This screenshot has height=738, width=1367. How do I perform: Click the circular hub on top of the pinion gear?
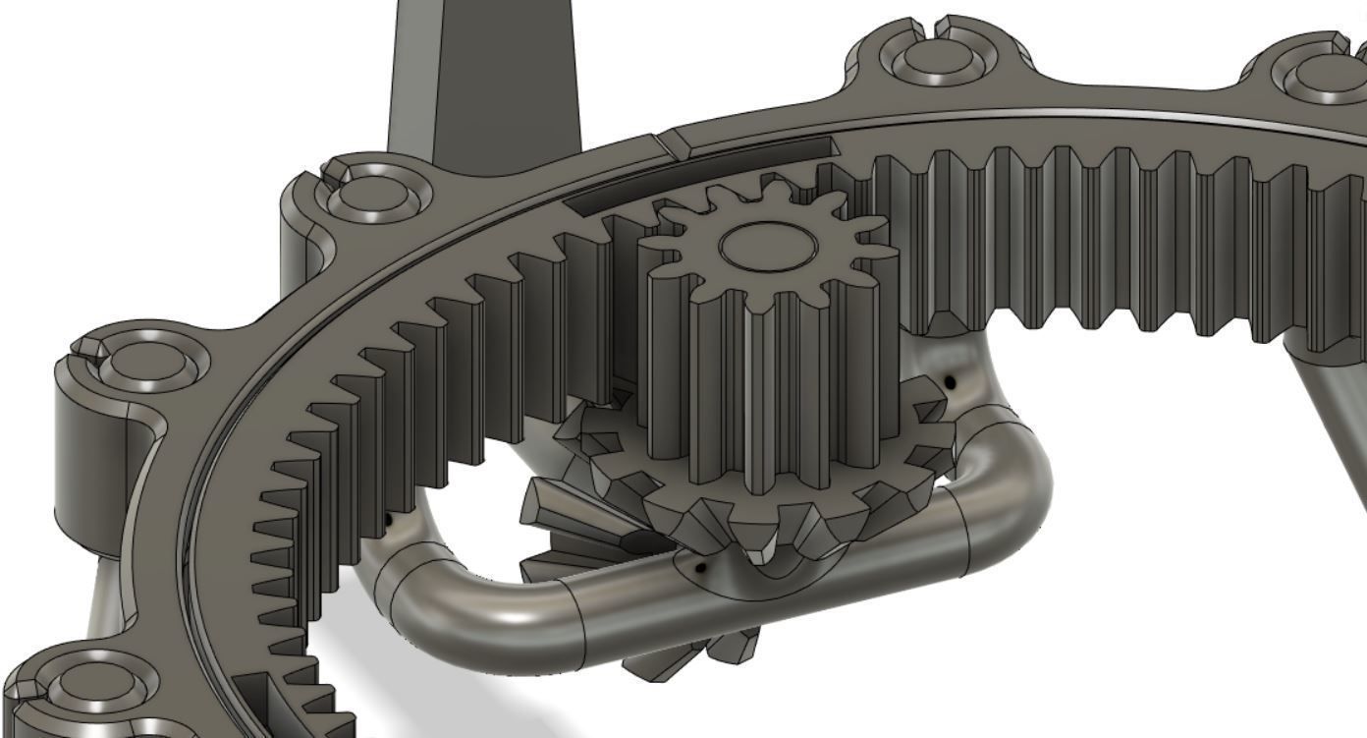pyautogui.click(x=767, y=246)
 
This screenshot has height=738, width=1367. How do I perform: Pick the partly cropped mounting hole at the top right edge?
pyautogui.click(x=1331, y=74)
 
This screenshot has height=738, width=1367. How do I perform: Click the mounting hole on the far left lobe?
pyautogui.click(x=147, y=360)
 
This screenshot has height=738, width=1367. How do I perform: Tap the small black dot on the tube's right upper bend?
pyautogui.click(x=950, y=381)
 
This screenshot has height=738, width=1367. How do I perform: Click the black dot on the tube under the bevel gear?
pyautogui.click(x=699, y=567)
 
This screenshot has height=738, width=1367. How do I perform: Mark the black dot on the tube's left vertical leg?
pyautogui.click(x=388, y=518)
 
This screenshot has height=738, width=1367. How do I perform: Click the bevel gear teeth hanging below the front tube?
pyautogui.click(x=697, y=653)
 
